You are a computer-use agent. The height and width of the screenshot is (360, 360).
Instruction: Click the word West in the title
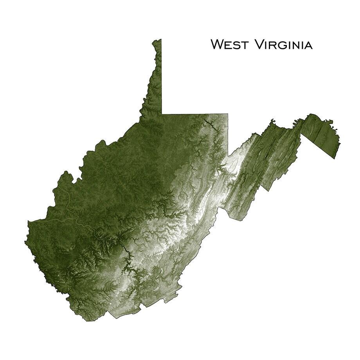[x=229, y=45]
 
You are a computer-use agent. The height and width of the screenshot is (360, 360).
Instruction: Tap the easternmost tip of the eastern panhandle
[x=340, y=144]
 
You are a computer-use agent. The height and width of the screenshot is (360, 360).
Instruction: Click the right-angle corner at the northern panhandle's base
[x=162, y=114]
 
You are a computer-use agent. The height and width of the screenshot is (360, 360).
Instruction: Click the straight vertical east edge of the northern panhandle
[x=162, y=78]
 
